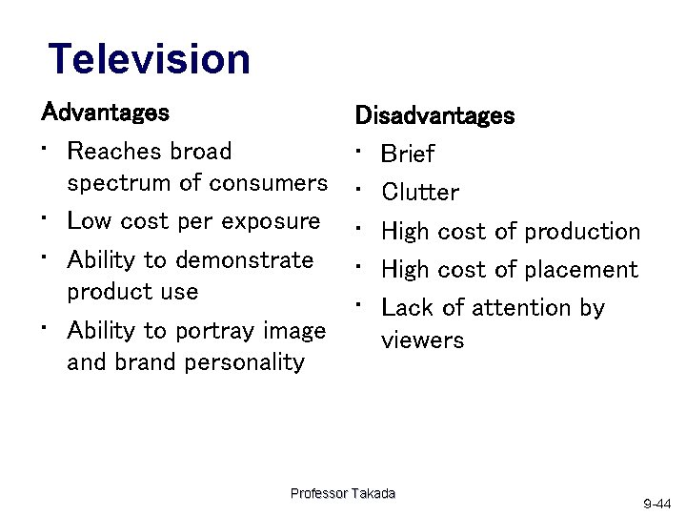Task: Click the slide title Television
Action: (150, 58)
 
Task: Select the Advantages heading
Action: (106, 113)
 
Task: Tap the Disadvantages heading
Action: (434, 116)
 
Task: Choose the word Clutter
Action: (420, 193)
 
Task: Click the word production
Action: (582, 232)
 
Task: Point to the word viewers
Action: (422, 340)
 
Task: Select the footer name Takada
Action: (373, 493)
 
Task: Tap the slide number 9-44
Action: (657, 503)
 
